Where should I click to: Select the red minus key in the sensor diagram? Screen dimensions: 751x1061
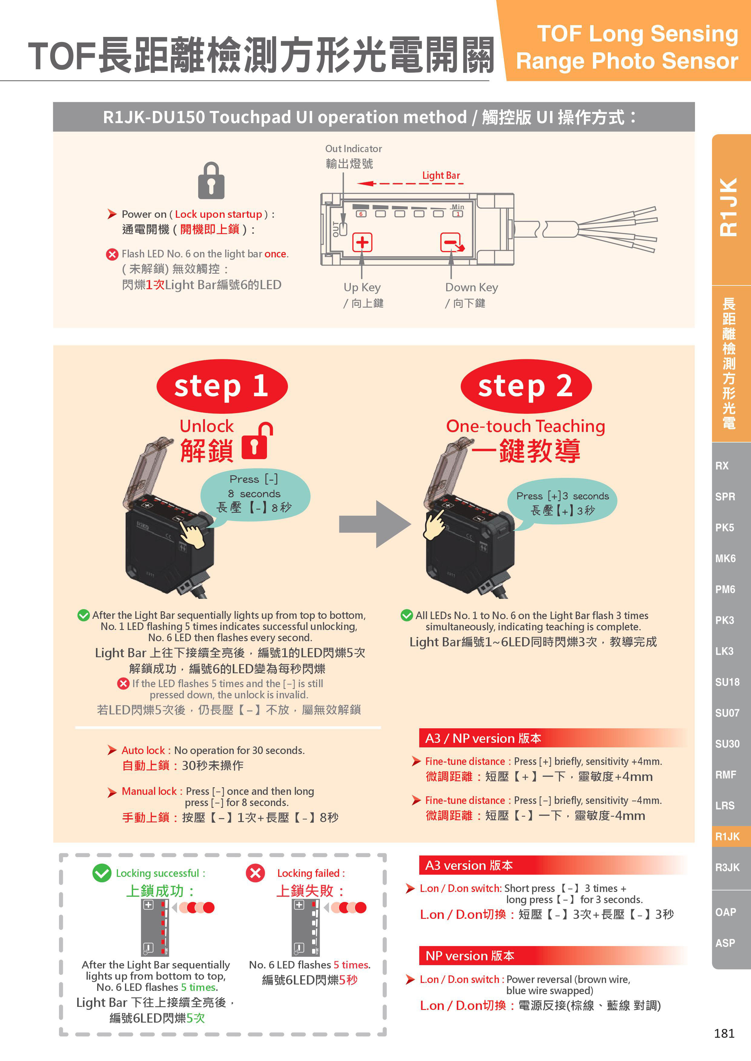point(451,242)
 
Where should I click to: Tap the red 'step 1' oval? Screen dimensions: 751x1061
point(222,386)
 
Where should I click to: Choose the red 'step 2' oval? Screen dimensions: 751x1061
point(526,386)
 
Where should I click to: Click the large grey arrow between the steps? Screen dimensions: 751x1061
point(375,524)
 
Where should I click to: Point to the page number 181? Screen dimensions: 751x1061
point(724,1033)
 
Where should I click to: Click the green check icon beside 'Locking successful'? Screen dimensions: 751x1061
point(102,873)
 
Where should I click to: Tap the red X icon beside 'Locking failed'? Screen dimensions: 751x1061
point(255,873)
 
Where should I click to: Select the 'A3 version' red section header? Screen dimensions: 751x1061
point(553,865)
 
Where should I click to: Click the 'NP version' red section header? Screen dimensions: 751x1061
point(553,956)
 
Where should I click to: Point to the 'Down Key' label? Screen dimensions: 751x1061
point(471,287)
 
